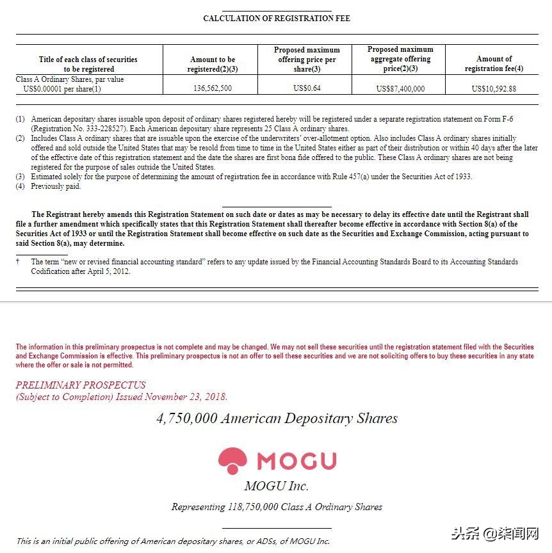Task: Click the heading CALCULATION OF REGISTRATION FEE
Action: [x=276, y=19]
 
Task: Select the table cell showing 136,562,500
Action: [x=212, y=88]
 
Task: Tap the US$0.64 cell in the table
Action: [x=307, y=88]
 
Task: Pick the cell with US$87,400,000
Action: [x=400, y=88]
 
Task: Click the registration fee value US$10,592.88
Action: [x=494, y=88]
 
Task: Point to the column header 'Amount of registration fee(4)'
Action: [x=494, y=63]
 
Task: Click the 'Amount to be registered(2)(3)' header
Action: [x=212, y=63]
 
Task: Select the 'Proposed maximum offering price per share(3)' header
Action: [x=307, y=59]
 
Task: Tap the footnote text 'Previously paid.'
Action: [x=56, y=186]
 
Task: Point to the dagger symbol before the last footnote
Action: [x=19, y=262]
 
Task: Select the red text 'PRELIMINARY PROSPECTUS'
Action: [x=81, y=385]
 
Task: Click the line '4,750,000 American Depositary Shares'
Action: [x=277, y=419]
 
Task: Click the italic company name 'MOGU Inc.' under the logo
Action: [x=277, y=486]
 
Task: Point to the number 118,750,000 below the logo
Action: [x=253, y=507]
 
